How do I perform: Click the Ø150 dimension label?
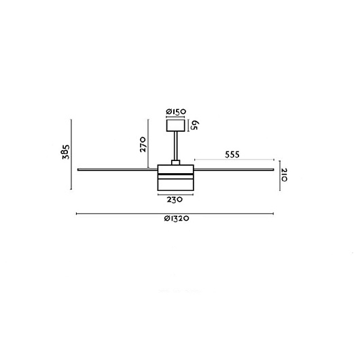tap(176, 112)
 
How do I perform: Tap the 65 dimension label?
tap(194, 126)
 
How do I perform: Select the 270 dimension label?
tap(143, 145)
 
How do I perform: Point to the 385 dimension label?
tap(66, 152)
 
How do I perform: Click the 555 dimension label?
tap(232, 155)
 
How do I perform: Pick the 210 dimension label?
tap(284, 175)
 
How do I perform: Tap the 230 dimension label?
tap(175, 200)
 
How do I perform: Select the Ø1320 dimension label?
tap(177, 218)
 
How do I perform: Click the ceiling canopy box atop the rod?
tap(176, 126)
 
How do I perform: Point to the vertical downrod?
tap(176, 146)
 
